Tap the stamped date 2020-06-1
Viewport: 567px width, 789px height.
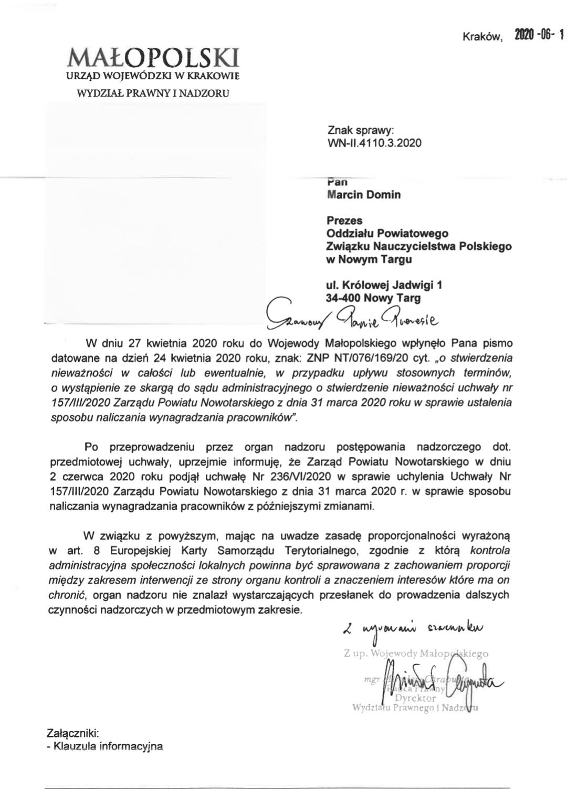(x=539, y=36)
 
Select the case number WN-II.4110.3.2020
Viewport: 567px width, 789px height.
(x=374, y=142)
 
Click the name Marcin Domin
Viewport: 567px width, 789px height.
(x=363, y=195)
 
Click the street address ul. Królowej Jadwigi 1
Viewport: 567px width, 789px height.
(x=384, y=286)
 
